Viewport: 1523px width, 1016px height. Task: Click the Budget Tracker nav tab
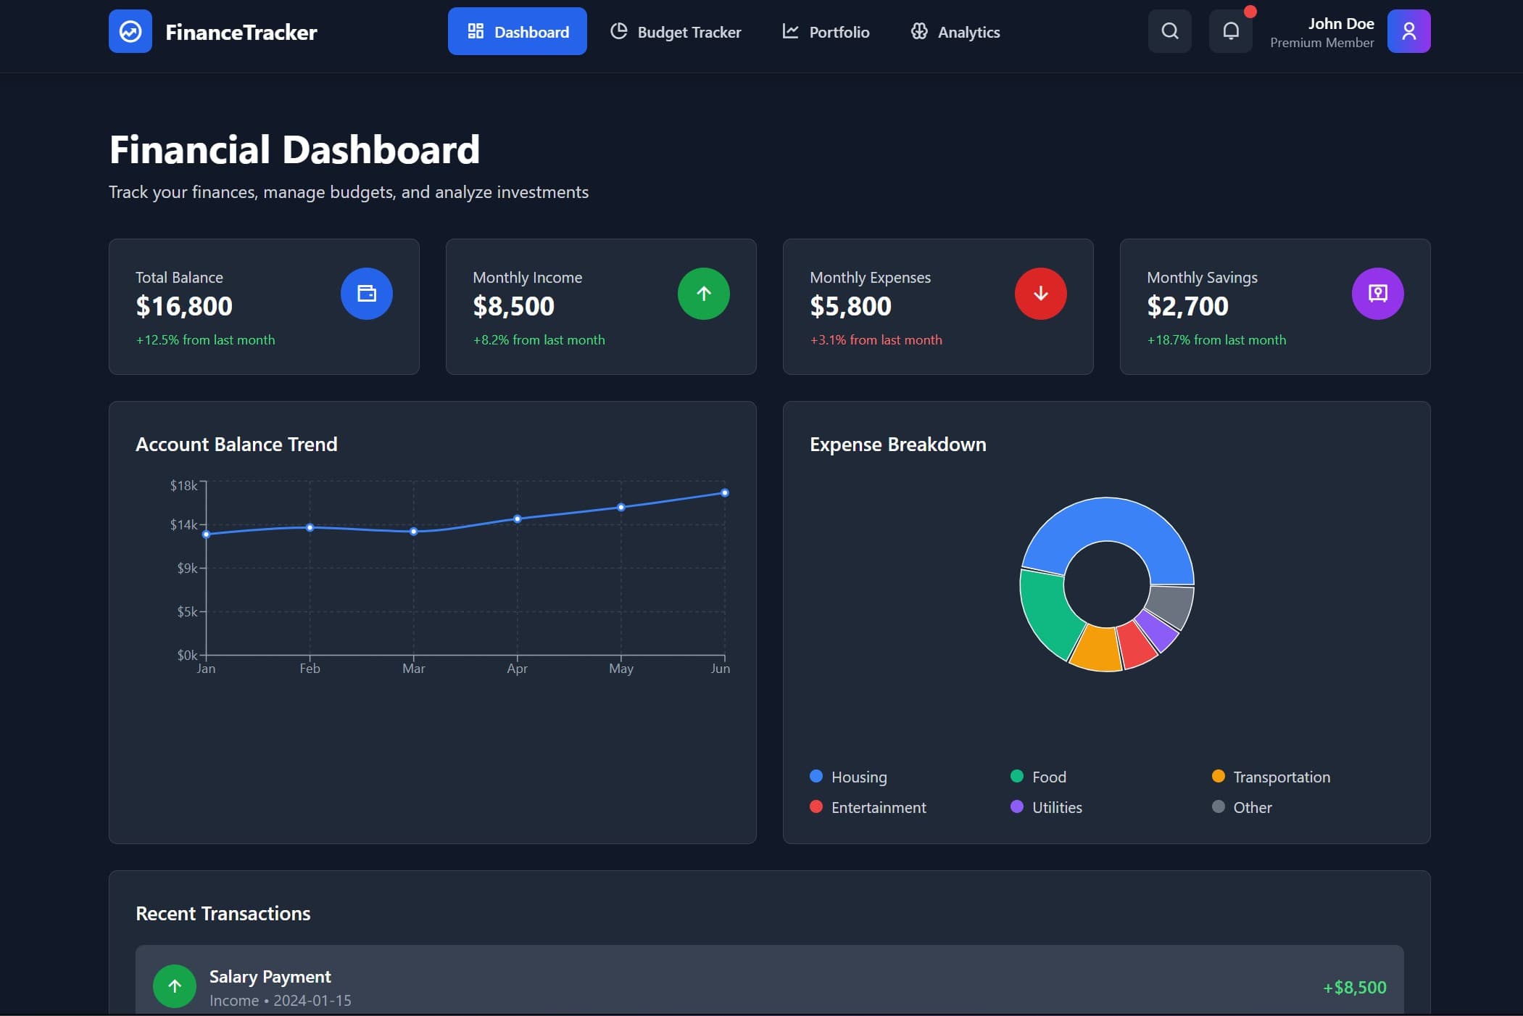click(x=676, y=32)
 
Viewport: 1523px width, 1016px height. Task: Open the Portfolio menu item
click(x=826, y=32)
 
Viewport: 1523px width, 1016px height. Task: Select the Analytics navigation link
click(x=955, y=32)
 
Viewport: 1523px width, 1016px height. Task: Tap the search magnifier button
click(x=1169, y=31)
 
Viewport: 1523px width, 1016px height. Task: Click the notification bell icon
click(x=1230, y=31)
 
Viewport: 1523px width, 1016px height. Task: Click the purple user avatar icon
click(x=1408, y=31)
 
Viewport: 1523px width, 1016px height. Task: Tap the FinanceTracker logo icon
click(x=130, y=31)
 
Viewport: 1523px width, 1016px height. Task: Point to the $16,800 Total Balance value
click(x=184, y=306)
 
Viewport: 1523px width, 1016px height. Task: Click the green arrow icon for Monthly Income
click(x=703, y=294)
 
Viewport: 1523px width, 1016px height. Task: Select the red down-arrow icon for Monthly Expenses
click(x=1040, y=294)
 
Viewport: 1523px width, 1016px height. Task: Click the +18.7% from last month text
click(x=1216, y=340)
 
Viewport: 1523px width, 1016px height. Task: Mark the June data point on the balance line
click(x=724, y=493)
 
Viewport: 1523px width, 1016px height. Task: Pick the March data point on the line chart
click(x=413, y=532)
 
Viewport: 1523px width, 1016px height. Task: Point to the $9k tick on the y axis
click(x=187, y=568)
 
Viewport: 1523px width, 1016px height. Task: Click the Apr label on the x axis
click(x=517, y=669)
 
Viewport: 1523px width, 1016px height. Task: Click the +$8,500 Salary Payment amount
click(x=1353, y=987)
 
